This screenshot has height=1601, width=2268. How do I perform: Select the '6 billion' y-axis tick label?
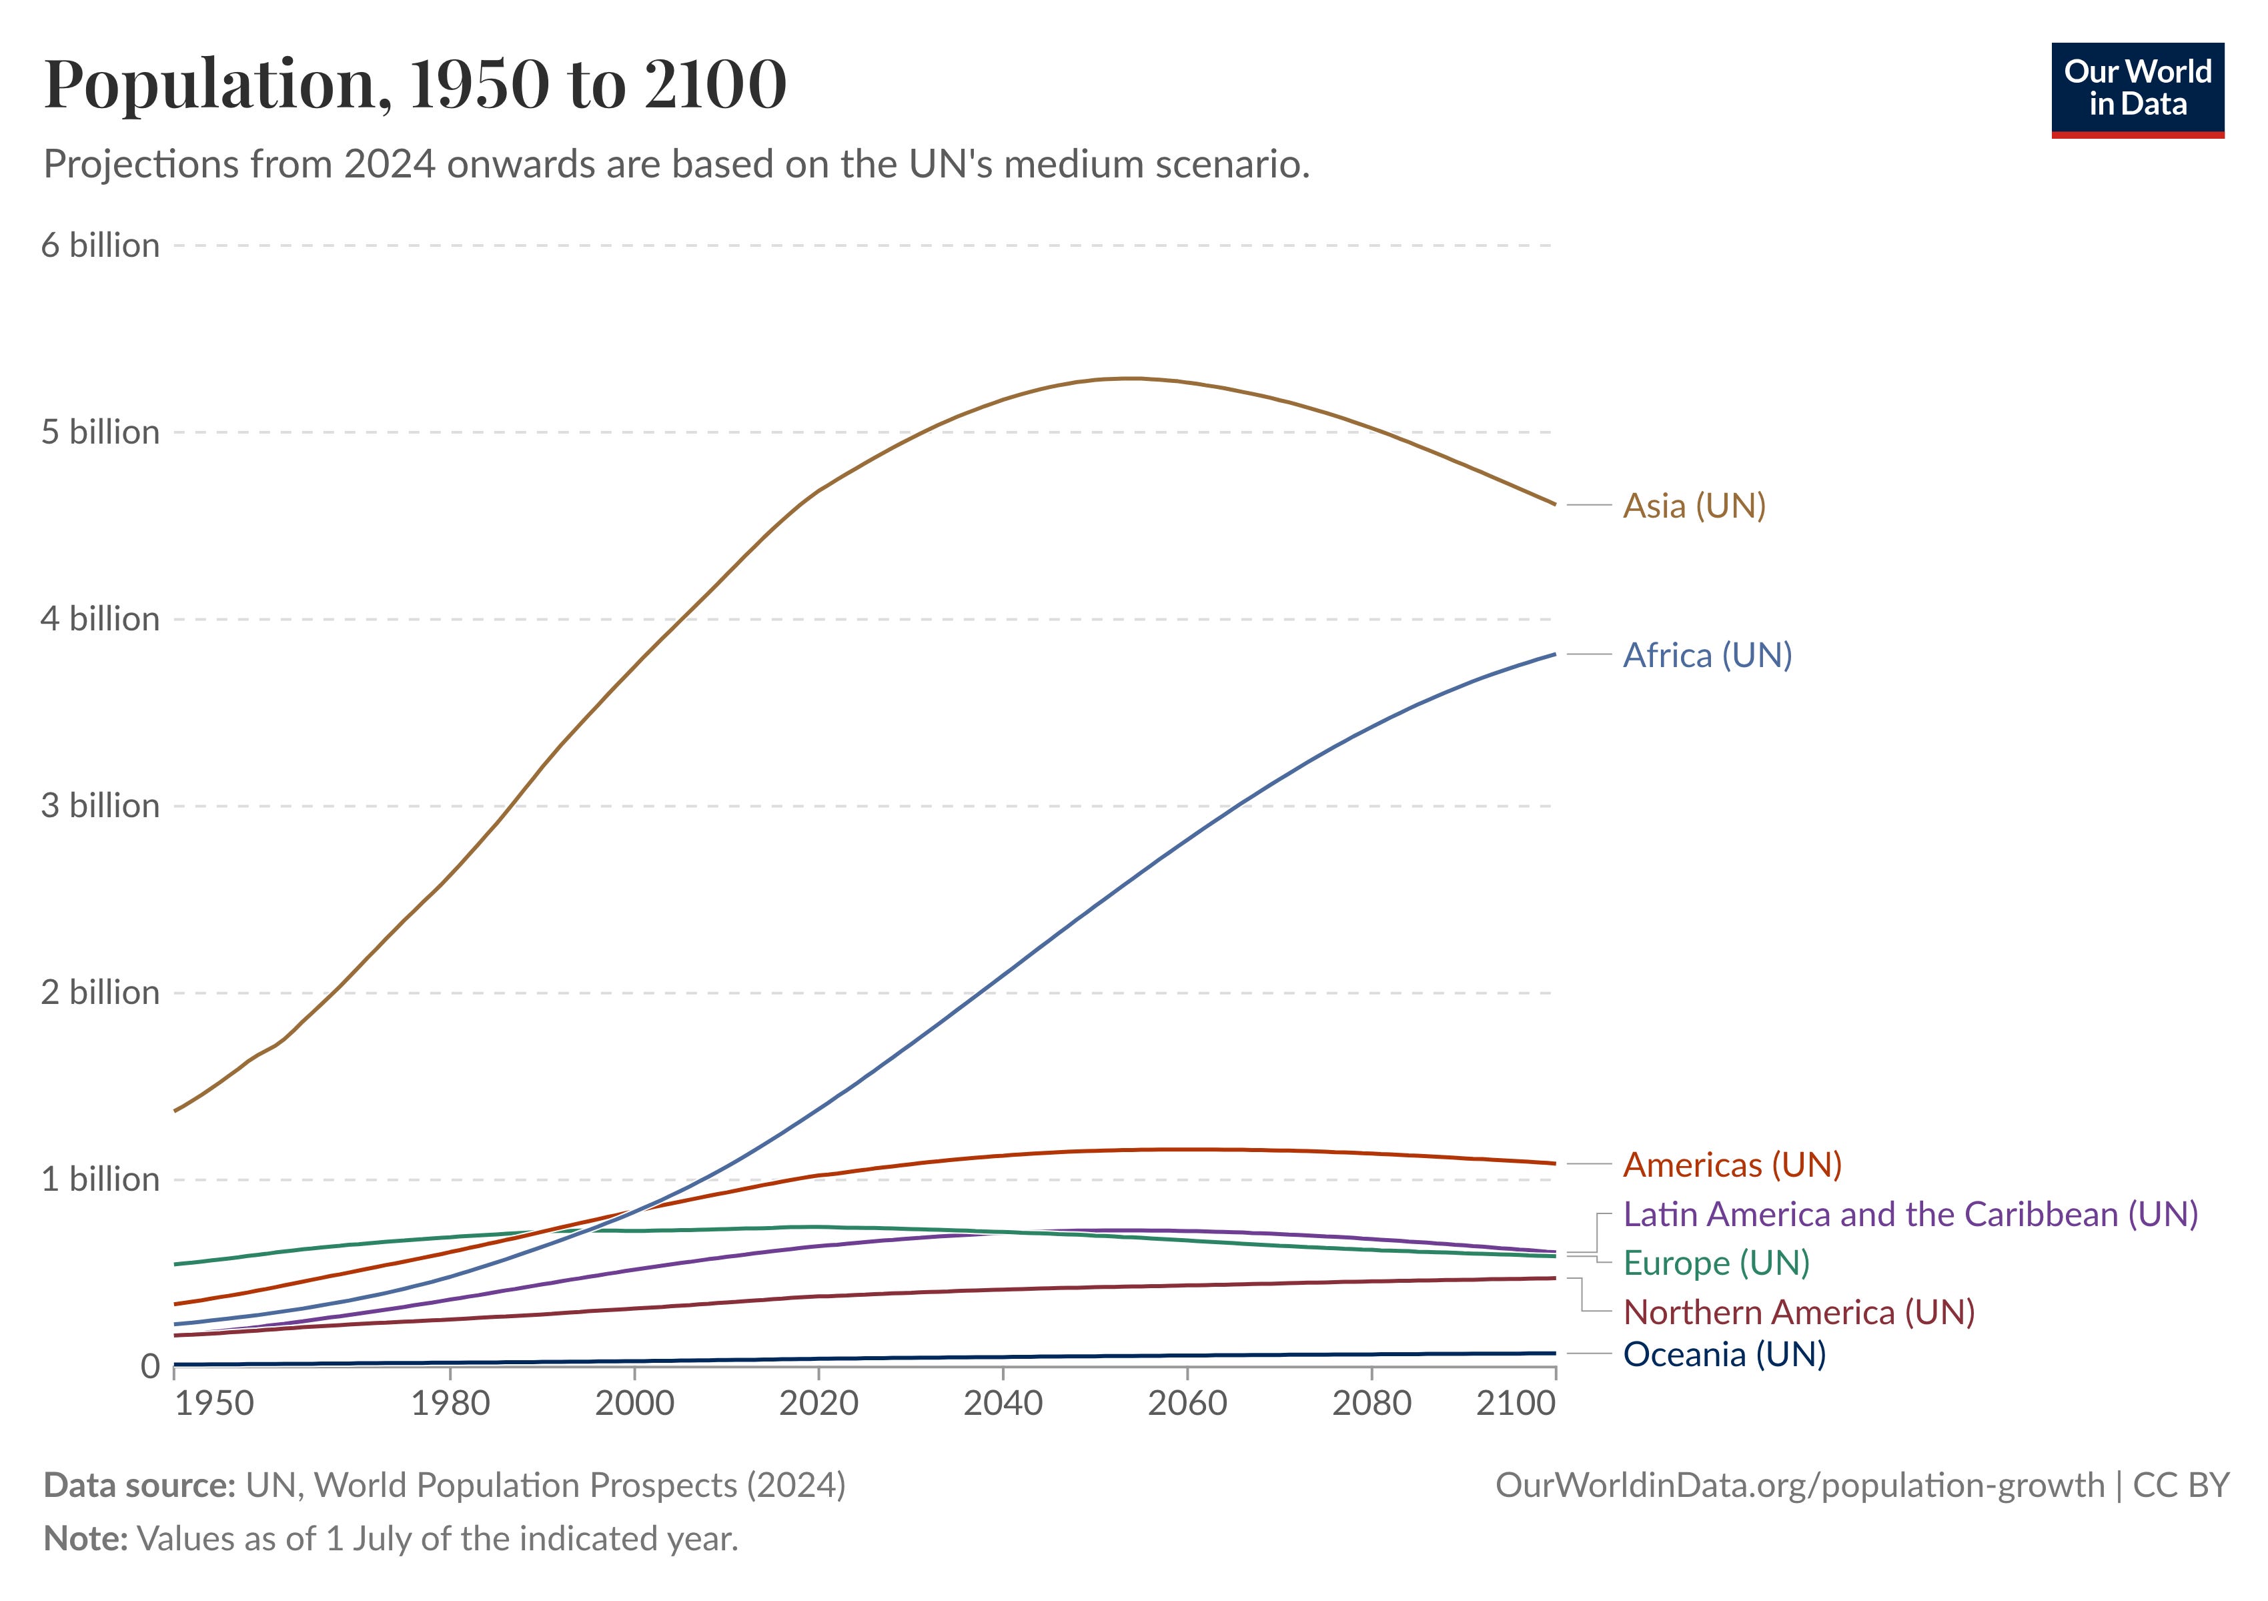coord(100,245)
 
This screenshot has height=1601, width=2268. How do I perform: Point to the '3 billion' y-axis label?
coord(100,806)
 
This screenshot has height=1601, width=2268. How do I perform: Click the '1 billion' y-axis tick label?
coord(100,1179)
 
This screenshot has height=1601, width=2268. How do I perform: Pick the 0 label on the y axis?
coord(150,1366)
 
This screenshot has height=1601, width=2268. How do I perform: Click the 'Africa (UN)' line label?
coord(1707,655)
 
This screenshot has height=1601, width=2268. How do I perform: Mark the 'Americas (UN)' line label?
coord(1732,1165)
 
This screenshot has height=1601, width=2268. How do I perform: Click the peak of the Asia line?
coord(1132,378)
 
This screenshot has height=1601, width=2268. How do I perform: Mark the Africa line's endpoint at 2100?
coord(1555,654)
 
